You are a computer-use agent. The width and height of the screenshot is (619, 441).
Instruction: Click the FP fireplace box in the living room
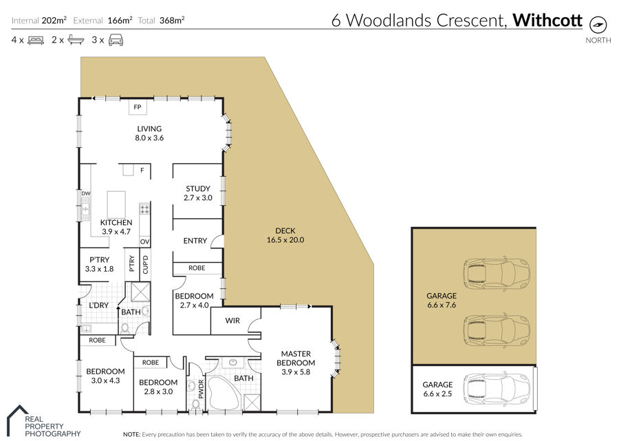click(x=138, y=107)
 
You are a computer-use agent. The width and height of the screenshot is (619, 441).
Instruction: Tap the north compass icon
click(x=598, y=25)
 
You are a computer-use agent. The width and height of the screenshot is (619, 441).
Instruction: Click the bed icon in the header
click(x=36, y=40)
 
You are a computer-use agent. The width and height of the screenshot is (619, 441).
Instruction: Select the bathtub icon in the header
click(x=76, y=39)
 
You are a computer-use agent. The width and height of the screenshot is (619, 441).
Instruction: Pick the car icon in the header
click(x=116, y=40)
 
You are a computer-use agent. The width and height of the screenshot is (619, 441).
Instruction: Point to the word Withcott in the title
click(x=547, y=20)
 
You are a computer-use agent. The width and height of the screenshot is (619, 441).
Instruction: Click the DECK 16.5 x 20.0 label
click(x=285, y=235)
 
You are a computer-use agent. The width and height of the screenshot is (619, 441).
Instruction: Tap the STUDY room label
click(x=198, y=189)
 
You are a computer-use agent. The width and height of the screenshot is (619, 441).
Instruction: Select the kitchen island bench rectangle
click(x=116, y=205)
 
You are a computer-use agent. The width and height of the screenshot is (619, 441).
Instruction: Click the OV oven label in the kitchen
click(x=145, y=241)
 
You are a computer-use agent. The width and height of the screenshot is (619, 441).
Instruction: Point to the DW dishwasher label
click(x=86, y=193)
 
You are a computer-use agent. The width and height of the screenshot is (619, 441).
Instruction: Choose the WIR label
click(x=232, y=321)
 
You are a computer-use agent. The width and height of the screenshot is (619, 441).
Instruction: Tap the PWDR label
click(x=201, y=389)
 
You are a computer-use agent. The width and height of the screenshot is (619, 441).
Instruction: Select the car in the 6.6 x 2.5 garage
click(x=497, y=389)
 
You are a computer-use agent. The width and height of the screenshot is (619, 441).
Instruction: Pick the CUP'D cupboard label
click(x=145, y=265)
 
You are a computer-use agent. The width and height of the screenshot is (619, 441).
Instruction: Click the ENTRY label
click(x=195, y=241)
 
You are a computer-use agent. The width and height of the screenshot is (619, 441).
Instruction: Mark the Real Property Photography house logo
click(x=18, y=420)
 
